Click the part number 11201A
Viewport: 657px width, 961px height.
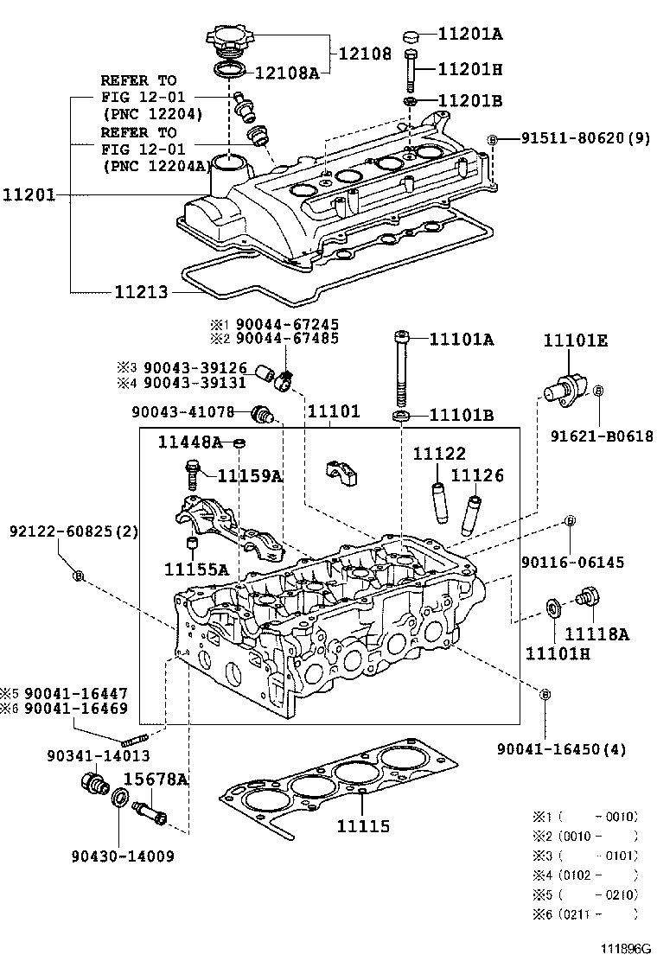470,35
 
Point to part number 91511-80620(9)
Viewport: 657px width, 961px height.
579,138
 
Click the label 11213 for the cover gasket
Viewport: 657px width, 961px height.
143,292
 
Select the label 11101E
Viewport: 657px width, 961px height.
575,340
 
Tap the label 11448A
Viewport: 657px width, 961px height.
189,442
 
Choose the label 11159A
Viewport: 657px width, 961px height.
250,475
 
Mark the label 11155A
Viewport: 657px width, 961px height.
197,570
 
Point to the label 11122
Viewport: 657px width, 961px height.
438,453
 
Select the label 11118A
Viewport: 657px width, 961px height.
596,634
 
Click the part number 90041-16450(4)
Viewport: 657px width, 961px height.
562,748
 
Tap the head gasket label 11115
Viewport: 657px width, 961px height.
363,827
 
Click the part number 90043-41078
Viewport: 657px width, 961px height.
182,412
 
